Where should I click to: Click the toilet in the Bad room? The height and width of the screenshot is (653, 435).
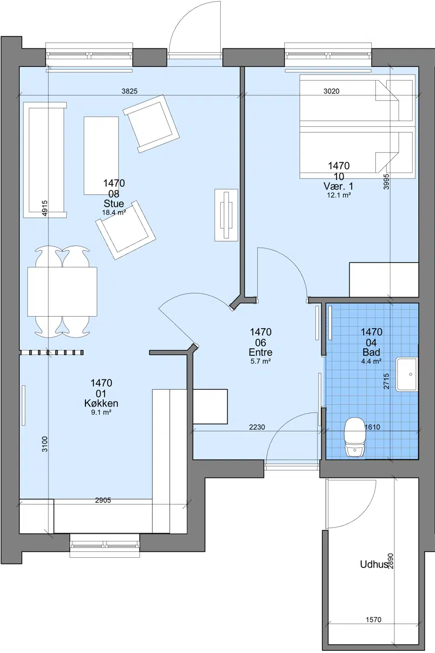pyautogui.click(x=355, y=437)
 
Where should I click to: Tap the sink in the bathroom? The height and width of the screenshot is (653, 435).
pyautogui.click(x=407, y=374)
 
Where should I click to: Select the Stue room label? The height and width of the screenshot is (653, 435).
pyautogui.click(x=114, y=204)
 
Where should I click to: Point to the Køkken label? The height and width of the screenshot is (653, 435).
pyautogui.click(x=101, y=403)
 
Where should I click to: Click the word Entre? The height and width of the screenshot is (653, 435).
pyautogui.click(x=260, y=352)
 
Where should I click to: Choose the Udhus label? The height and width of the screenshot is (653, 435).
pyautogui.click(x=374, y=564)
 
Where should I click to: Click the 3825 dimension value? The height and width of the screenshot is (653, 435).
pyautogui.click(x=129, y=91)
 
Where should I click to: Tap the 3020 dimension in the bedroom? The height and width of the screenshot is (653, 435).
pyautogui.click(x=332, y=91)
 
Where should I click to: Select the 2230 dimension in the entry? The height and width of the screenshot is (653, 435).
pyautogui.click(x=257, y=427)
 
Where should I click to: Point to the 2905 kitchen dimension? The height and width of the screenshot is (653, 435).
pyautogui.click(x=103, y=500)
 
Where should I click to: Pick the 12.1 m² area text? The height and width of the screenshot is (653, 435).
pyautogui.click(x=339, y=195)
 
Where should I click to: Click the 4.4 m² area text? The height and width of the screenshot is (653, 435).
pyautogui.click(x=371, y=361)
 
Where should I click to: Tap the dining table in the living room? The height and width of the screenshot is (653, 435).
pyautogui.click(x=62, y=292)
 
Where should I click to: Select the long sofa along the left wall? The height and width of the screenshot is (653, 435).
pyautogui.click(x=45, y=160)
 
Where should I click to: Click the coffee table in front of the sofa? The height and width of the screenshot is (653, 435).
pyautogui.click(x=101, y=156)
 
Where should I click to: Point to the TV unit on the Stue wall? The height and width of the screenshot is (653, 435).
pyautogui.click(x=226, y=215)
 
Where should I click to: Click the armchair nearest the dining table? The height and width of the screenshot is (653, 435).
pyautogui.click(x=126, y=230)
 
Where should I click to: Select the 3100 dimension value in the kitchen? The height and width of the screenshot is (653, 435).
pyautogui.click(x=45, y=444)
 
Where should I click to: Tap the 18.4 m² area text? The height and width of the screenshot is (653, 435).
pyautogui.click(x=114, y=213)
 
